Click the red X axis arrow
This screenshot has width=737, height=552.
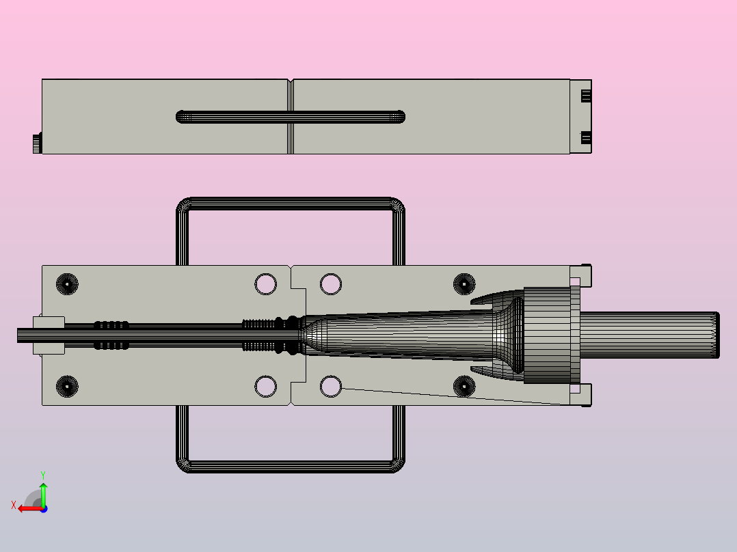(x=30, y=508)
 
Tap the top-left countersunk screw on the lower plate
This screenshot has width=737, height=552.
(x=67, y=284)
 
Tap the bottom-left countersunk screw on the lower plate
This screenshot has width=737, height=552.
(x=67, y=386)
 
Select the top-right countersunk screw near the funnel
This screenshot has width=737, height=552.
(x=464, y=284)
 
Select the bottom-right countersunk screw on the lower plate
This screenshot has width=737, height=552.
(x=464, y=386)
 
